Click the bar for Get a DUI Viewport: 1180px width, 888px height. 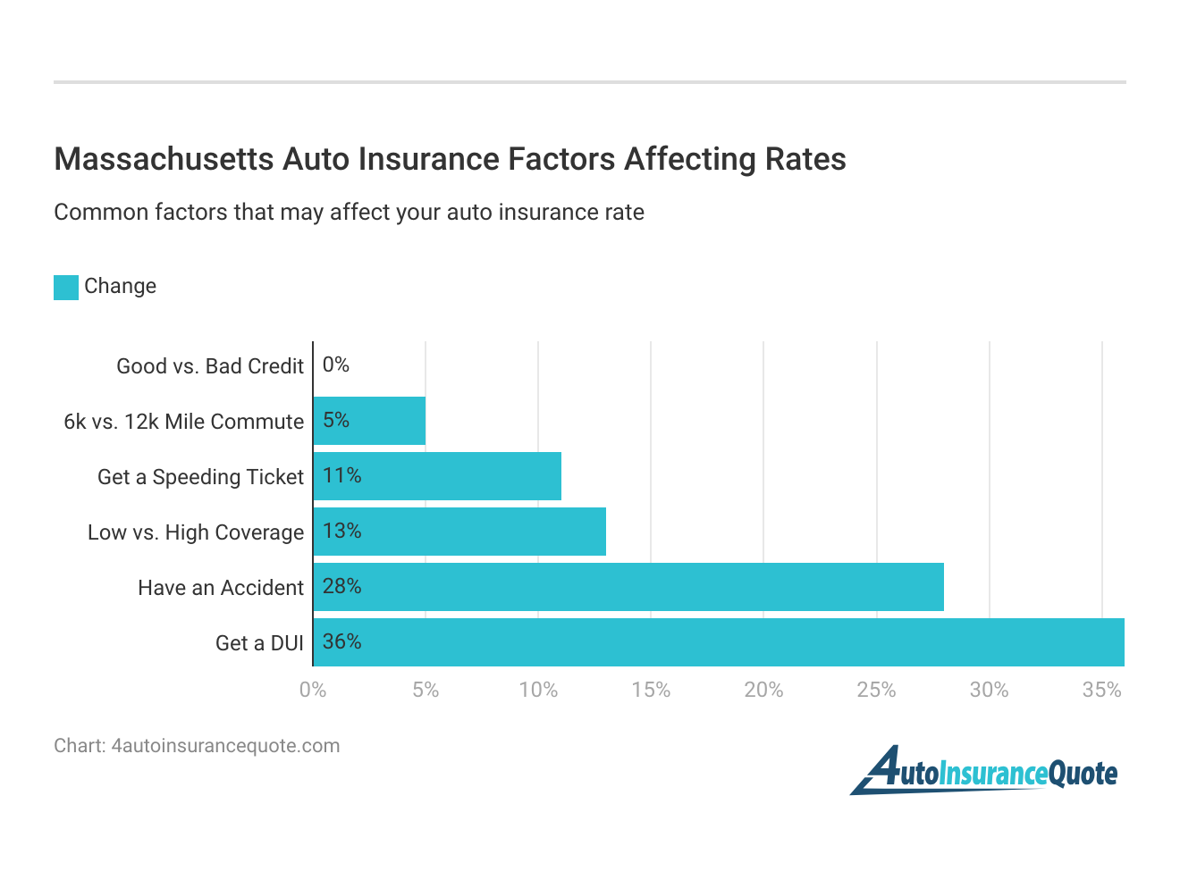click(x=719, y=642)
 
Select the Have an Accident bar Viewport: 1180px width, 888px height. click(x=628, y=587)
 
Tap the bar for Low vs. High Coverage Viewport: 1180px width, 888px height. click(x=459, y=532)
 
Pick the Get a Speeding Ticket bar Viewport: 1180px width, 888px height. click(x=437, y=476)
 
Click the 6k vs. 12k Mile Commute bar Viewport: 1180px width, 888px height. click(x=369, y=421)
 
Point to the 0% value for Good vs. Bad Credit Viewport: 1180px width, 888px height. click(x=336, y=364)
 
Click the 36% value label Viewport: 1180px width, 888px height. click(x=341, y=641)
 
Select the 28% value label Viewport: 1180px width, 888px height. click(x=341, y=586)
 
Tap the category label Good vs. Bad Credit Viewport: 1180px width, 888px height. click(x=210, y=366)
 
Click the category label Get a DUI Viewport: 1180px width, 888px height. click(x=259, y=643)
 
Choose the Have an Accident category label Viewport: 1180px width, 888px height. click(x=221, y=588)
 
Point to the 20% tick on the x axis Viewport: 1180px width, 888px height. click(x=763, y=690)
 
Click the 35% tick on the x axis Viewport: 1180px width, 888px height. click(x=1101, y=690)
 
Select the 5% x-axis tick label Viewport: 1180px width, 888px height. click(x=426, y=690)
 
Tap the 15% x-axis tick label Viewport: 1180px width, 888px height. click(x=651, y=690)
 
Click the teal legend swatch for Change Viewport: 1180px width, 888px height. click(x=66, y=287)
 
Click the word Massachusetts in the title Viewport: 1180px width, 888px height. click(x=164, y=159)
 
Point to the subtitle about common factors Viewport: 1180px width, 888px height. click(x=349, y=213)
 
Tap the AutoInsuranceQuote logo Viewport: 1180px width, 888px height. click(x=983, y=770)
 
